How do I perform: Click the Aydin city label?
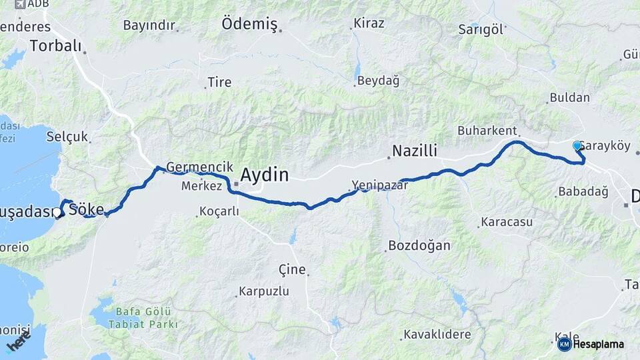[x=264, y=175]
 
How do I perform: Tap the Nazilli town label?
[x=414, y=151]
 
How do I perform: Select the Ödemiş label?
[x=249, y=24]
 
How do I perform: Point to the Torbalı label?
[x=55, y=46]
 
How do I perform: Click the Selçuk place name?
[x=67, y=137]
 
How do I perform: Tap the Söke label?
[x=87, y=209]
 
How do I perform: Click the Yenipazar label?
[x=379, y=185]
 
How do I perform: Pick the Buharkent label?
[x=487, y=131]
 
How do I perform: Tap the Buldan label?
[x=569, y=97]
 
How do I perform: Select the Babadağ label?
[x=581, y=192]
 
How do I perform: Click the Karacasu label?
[x=503, y=221]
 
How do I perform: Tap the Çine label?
[x=291, y=270]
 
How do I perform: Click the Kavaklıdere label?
[x=437, y=335]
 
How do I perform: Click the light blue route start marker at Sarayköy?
[x=577, y=145]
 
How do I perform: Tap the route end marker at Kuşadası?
[x=59, y=213]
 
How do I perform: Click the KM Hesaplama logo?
[x=591, y=344]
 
